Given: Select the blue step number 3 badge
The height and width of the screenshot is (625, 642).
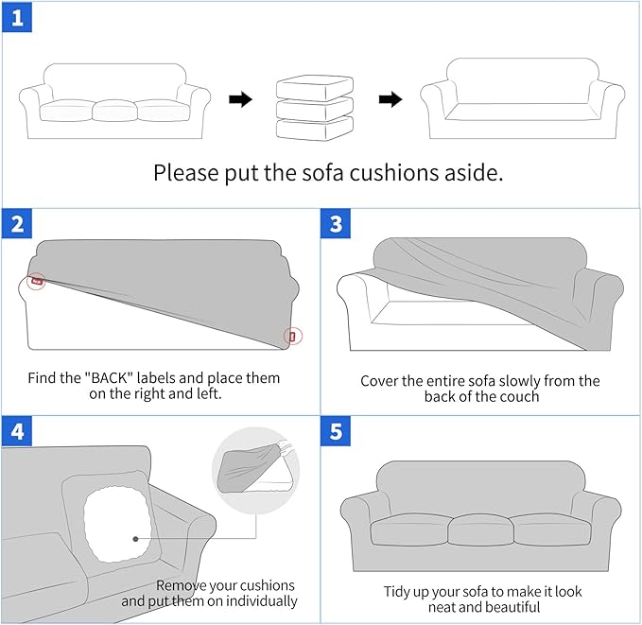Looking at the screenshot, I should pos(337,226).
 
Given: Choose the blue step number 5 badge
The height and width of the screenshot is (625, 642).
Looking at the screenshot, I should pos(337,431).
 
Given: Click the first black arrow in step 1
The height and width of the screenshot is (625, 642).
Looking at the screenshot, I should pos(241,99).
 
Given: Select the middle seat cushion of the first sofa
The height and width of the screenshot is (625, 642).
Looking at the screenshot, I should pos(115,111).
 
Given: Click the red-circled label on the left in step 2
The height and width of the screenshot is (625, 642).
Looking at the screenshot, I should pos(36,280).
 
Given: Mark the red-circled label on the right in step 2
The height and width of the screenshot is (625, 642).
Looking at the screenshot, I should pos(291,336).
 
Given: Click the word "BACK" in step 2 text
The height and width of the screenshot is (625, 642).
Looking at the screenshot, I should pos(114,378).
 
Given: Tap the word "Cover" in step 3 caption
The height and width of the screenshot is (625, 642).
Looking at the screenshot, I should pos(381,381).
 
